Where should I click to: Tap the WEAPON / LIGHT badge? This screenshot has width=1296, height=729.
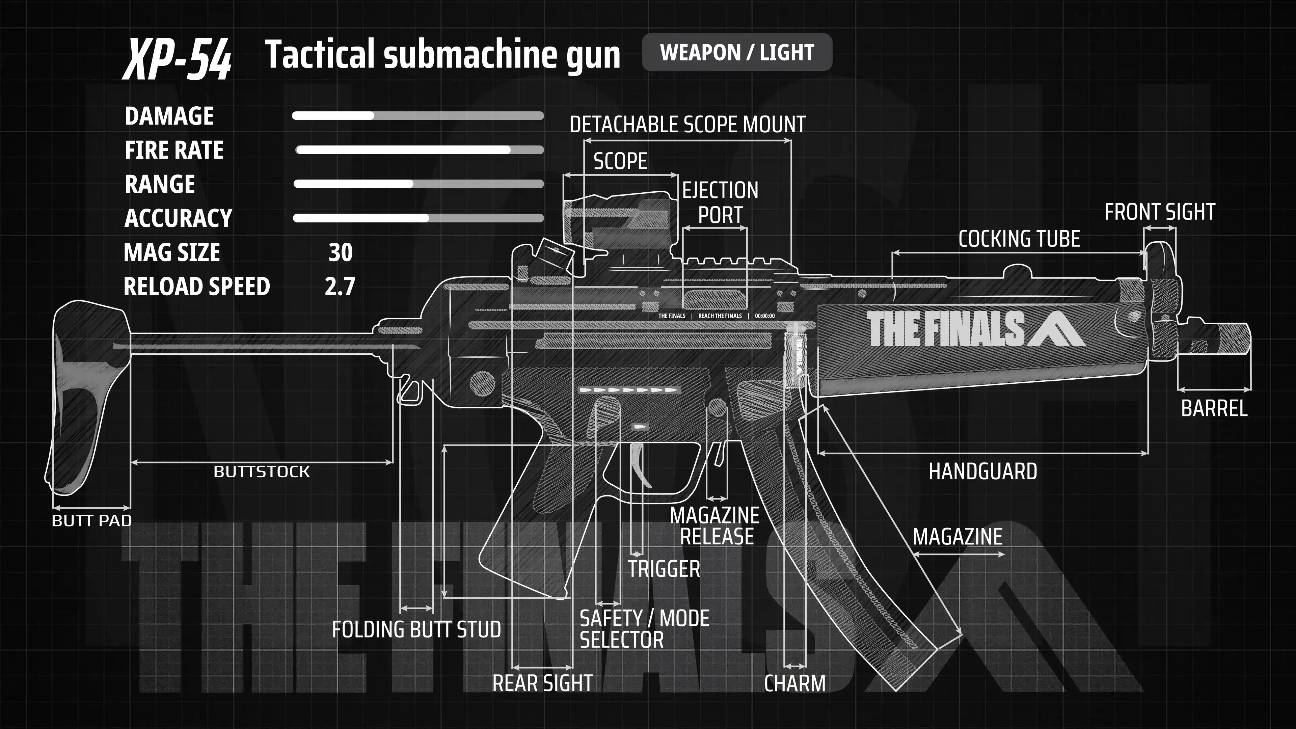(x=736, y=52)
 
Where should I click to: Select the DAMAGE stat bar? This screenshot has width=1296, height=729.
(x=417, y=116)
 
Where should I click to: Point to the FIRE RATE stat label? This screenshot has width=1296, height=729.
(x=174, y=150)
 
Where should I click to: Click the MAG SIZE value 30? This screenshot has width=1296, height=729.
(x=341, y=252)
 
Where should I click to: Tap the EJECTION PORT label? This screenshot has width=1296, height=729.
(x=720, y=203)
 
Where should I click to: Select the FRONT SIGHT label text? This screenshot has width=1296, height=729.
(x=1160, y=212)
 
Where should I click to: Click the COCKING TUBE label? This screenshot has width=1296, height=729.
(x=1019, y=239)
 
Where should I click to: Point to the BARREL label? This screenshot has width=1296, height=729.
(x=1214, y=408)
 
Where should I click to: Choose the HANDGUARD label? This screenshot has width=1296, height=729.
(x=982, y=471)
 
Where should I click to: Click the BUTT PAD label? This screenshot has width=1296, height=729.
(x=91, y=521)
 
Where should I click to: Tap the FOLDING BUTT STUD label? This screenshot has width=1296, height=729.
(x=416, y=629)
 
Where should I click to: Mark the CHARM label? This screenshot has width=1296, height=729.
(x=795, y=683)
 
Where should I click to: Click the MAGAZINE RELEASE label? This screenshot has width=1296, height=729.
(x=715, y=526)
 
